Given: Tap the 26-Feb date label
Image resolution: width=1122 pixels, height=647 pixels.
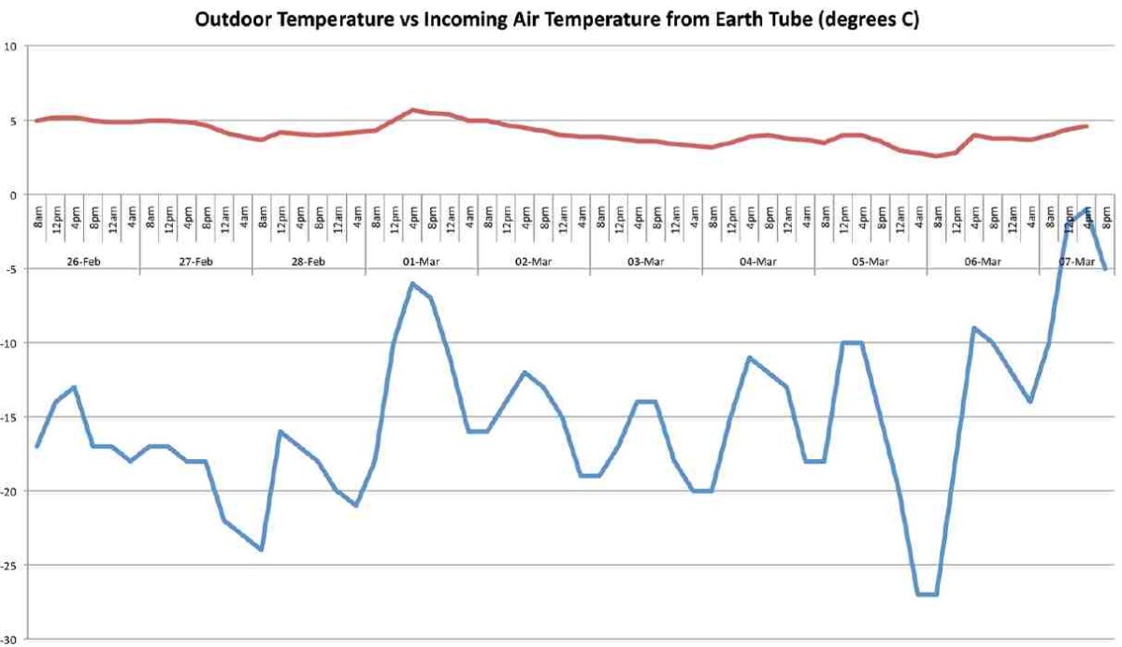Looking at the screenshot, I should [83, 263].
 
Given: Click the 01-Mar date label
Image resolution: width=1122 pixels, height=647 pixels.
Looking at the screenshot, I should [421, 263].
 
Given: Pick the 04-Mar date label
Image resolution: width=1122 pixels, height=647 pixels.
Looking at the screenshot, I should [758, 263].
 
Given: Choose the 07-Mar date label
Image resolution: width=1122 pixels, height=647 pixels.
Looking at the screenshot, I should [1076, 263].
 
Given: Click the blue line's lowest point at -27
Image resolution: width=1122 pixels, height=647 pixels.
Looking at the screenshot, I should [927, 594].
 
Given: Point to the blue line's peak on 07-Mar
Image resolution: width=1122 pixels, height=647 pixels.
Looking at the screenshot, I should [1086, 209].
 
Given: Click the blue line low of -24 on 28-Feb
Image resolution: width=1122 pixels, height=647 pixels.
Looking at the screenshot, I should [262, 550].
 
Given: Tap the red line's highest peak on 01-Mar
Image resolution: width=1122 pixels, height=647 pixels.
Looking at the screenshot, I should [412, 110].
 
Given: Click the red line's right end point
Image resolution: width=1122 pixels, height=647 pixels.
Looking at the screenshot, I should [1086, 126].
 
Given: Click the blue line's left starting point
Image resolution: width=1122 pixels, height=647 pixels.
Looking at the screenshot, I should [36, 446].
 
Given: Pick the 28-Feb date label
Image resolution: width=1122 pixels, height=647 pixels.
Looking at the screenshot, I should [309, 263].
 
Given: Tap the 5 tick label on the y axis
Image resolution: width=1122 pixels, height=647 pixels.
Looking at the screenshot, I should [14, 121].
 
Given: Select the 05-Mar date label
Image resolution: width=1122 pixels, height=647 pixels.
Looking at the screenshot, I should [870, 263].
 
